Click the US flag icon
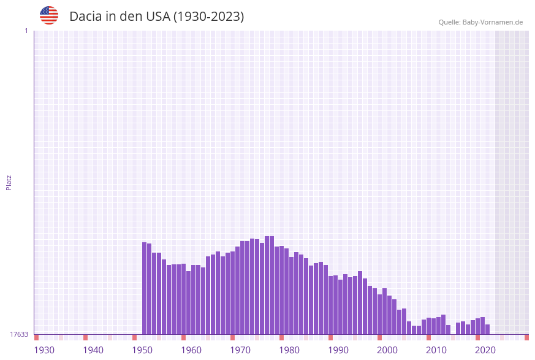point(49,15)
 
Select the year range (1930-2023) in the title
point(208,17)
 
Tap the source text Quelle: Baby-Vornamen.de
point(480,22)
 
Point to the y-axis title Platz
point(9,182)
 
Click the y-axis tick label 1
point(26,31)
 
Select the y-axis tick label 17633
point(19,334)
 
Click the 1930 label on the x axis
point(44,350)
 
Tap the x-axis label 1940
point(93,350)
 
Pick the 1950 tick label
point(142,350)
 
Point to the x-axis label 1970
point(240,350)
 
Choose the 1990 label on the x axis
point(338,350)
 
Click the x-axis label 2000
point(387,350)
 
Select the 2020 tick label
point(485,350)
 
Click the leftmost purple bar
point(145,288)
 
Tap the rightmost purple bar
point(488,329)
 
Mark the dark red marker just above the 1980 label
point(281,337)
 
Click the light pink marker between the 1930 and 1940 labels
point(61,337)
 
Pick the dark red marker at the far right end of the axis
point(526,337)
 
